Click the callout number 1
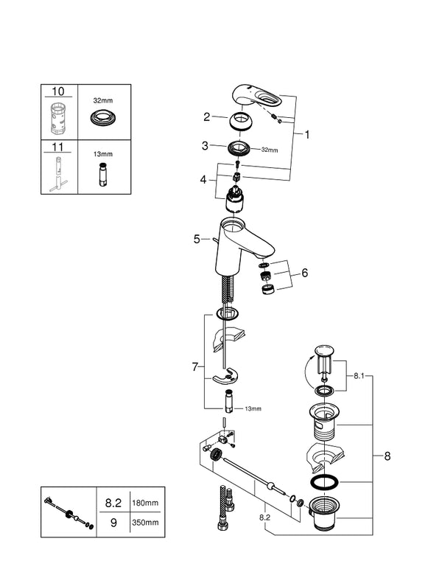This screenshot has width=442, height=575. tap(308, 135)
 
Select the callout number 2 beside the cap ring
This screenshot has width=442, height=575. tap(208, 116)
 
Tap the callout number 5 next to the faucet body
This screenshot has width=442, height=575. tap(197, 239)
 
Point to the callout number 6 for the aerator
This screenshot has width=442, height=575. tap(304, 273)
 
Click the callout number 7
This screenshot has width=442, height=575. tap(194, 366)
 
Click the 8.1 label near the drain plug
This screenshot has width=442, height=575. tap(358, 376)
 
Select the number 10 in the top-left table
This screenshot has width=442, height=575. tap(58, 91)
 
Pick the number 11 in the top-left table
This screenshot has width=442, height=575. tap(58, 147)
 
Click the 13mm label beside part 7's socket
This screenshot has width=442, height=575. tap(253, 408)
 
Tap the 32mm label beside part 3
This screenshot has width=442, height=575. tap(269, 150)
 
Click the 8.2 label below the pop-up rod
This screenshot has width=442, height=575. tap(264, 518)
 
